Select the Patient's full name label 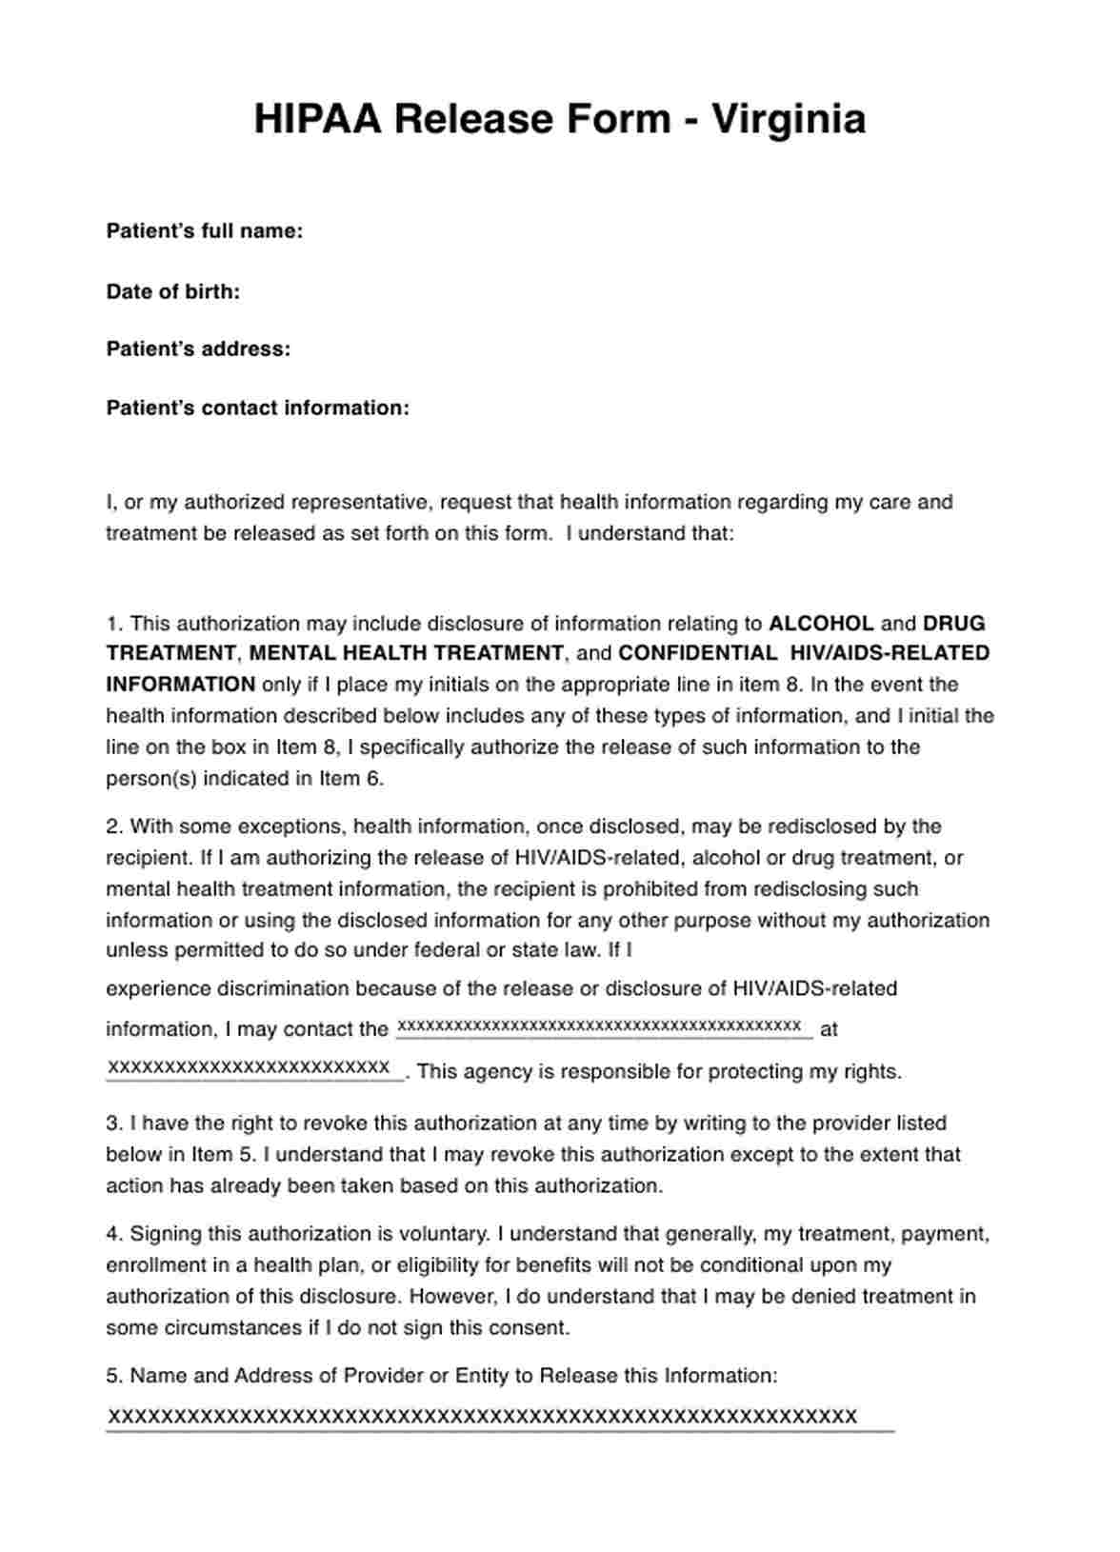click(x=204, y=231)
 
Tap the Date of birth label click(x=172, y=291)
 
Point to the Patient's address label click(x=198, y=349)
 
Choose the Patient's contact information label click(x=257, y=408)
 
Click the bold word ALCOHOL click(x=821, y=624)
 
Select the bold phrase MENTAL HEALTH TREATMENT click(x=406, y=653)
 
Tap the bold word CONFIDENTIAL click(x=697, y=653)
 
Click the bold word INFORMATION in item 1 click(x=180, y=685)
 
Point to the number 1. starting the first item click(x=114, y=625)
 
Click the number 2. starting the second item click(x=114, y=826)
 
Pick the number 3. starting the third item click(x=114, y=1124)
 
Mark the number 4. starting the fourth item click(x=114, y=1234)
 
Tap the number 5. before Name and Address click(x=114, y=1376)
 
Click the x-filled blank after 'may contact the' click(x=604, y=1026)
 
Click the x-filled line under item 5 click(x=482, y=1417)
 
